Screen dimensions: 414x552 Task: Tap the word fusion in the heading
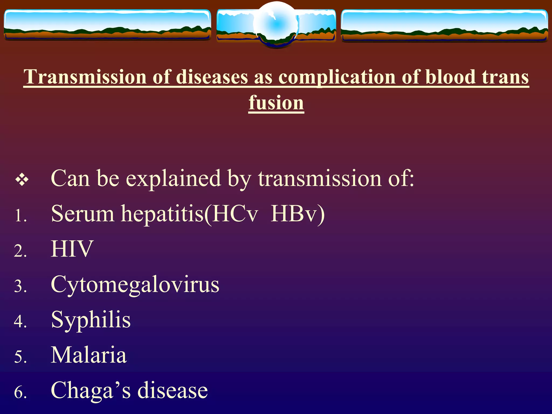tap(276, 103)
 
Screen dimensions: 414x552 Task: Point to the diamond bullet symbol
tap(22, 180)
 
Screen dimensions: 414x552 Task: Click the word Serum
tap(83, 214)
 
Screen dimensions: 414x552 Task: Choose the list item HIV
tap(72, 249)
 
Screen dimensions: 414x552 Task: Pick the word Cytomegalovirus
tap(135, 285)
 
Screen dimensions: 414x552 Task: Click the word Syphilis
tap(91, 320)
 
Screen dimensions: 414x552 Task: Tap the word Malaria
tap(89, 355)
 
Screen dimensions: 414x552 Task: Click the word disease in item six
tap(172, 391)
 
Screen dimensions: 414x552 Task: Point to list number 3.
tap(20, 286)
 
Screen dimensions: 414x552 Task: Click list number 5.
tap(20, 357)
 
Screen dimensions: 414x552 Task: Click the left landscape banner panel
tap(107, 25)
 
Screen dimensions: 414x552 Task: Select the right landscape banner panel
tap(444, 25)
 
